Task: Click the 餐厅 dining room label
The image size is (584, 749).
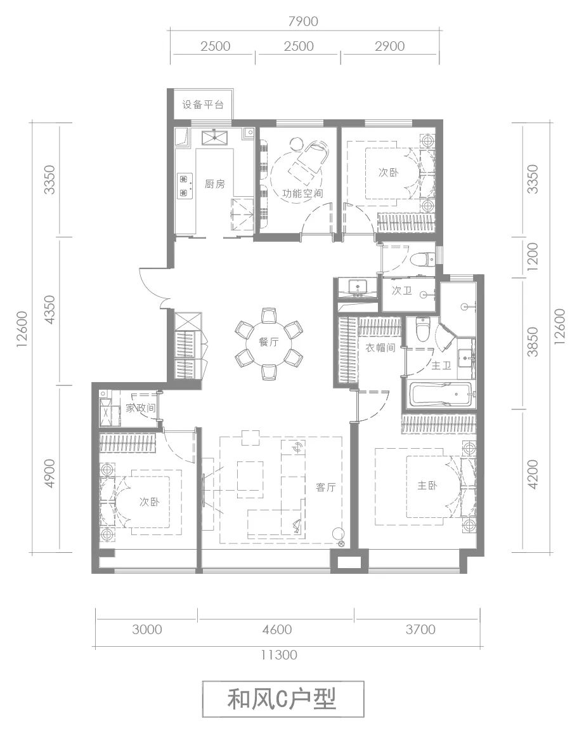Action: pos(269,343)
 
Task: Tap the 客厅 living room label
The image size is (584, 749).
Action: pos(326,487)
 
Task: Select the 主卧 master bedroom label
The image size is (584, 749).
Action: pos(427,486)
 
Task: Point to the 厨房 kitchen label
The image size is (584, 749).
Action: pos(215,184)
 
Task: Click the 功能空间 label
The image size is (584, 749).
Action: pos(302,193)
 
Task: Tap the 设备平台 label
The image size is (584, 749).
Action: pos(203,105)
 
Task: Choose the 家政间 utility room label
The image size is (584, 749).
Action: pos(141,408)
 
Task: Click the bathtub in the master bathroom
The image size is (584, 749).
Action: pos(441,395)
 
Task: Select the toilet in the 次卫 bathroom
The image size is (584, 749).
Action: pos(422,259)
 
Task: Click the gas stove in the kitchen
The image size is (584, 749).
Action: pos(185,186)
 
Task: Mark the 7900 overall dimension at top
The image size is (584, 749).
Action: pos(303,22)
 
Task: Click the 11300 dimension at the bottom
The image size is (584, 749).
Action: pos(278,654)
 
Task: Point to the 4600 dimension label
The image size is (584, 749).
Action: pos(277,629)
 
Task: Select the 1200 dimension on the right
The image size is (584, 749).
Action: pos(533,256)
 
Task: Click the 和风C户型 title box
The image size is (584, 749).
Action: pos(283,699)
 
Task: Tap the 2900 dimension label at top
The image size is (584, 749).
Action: pos(390,46)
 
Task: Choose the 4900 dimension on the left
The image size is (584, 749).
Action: pos(49,473)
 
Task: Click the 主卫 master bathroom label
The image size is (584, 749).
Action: pos(441,366)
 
